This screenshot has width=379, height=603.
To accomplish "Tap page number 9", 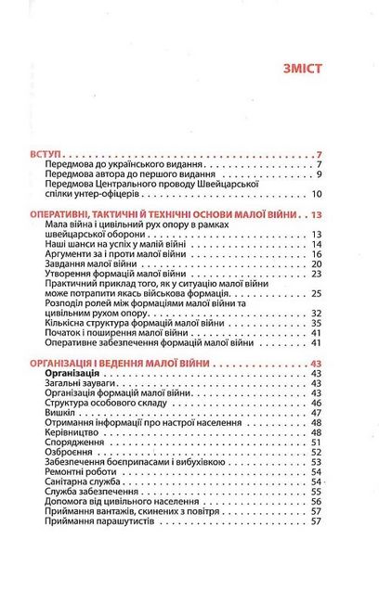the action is click(318, 173).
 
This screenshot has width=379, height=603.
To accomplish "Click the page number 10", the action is click(316, 194).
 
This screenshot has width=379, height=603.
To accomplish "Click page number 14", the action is click(316, 244).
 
